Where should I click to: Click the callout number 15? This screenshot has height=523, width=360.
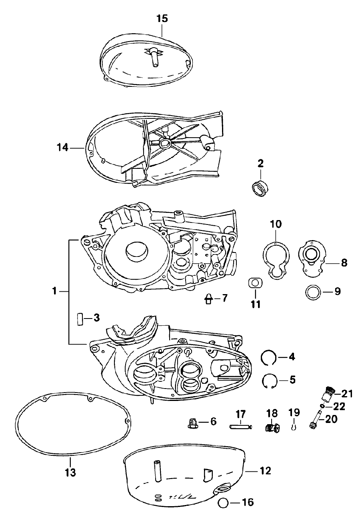(x=162, y=18)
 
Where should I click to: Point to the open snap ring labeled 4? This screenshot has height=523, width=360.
(x=269, y=357)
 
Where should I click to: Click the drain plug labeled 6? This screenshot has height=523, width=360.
(x=193, y=423)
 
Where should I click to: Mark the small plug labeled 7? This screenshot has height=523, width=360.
(x=209, y=299)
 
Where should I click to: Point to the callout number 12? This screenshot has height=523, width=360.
(x=265, y=471)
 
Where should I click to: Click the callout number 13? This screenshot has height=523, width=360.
(x=70, y=472)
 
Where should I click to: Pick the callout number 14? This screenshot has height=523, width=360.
(x=62, y=148)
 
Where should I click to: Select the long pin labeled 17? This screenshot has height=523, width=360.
(x=240, y=427)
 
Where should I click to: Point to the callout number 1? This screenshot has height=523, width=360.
(x=54, y=291)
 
